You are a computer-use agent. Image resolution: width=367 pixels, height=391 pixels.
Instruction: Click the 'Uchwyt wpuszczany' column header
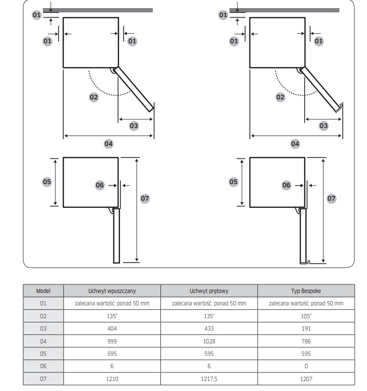point(112,291)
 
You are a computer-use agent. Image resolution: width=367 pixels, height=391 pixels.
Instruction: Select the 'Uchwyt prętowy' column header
point(209,291)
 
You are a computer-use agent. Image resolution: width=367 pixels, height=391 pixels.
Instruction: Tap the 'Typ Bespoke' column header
point(306,291)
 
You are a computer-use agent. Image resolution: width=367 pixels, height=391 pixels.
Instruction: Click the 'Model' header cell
point(43,291)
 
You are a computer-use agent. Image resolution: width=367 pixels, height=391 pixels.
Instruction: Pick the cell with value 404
point(112,329)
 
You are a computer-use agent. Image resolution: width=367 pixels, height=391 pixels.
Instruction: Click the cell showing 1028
point(209,341)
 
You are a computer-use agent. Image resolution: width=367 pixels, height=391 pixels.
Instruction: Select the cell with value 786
point(306,341)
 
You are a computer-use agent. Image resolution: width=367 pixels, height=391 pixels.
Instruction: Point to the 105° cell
point(306,316)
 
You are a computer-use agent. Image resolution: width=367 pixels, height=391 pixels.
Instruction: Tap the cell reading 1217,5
point(209,379)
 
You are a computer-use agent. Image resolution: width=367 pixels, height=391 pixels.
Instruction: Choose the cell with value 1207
point(306,379)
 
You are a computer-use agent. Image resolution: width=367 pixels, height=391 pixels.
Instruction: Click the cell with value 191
point(306,329)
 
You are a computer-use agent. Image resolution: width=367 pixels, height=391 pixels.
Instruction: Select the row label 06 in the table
point(43,366)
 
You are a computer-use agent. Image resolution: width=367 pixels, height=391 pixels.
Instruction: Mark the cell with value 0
point(306,366)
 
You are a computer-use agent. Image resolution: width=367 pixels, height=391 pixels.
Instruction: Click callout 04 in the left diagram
point(109,143)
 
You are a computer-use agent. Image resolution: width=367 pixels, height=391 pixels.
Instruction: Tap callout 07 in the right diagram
point(331,198)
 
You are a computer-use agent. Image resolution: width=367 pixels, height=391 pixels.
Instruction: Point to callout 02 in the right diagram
point(280,97)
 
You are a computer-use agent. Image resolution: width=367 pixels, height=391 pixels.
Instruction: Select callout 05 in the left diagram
point(47,181)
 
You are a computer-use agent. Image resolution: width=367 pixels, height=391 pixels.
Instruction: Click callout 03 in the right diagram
point(324,126)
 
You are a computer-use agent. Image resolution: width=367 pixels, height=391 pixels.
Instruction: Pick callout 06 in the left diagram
point(99,185)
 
